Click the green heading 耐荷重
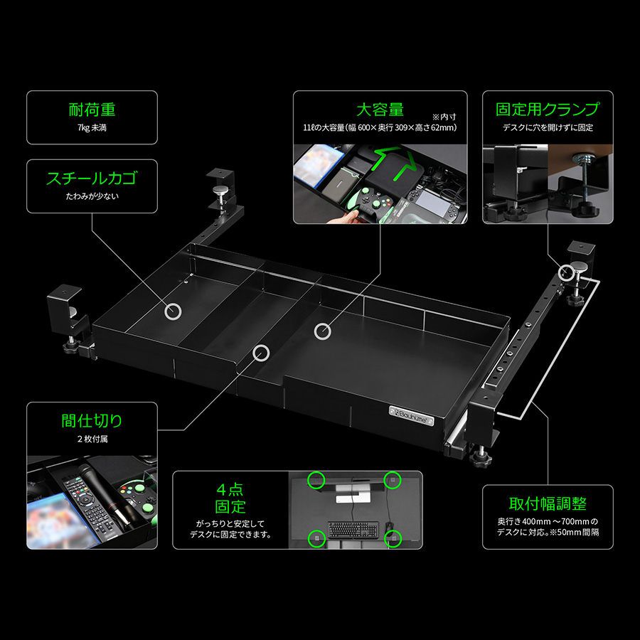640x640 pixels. pos(92,110)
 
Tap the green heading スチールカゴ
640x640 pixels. pos(92,178)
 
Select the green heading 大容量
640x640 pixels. pos(380,110)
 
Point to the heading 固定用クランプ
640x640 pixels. pos(548,109)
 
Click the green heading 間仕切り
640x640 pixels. pos(92,421)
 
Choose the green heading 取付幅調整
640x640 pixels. pos(548,503)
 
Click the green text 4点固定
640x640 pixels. pos(230,498)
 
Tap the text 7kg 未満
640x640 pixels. pos(92,128)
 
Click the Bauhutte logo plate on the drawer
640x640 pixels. pos(412,416)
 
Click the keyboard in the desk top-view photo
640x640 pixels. pos(353,529)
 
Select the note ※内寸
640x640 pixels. pos(444,117)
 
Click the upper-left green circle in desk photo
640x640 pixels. pos(316,480)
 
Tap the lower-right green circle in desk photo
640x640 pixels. pos(393,539)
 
